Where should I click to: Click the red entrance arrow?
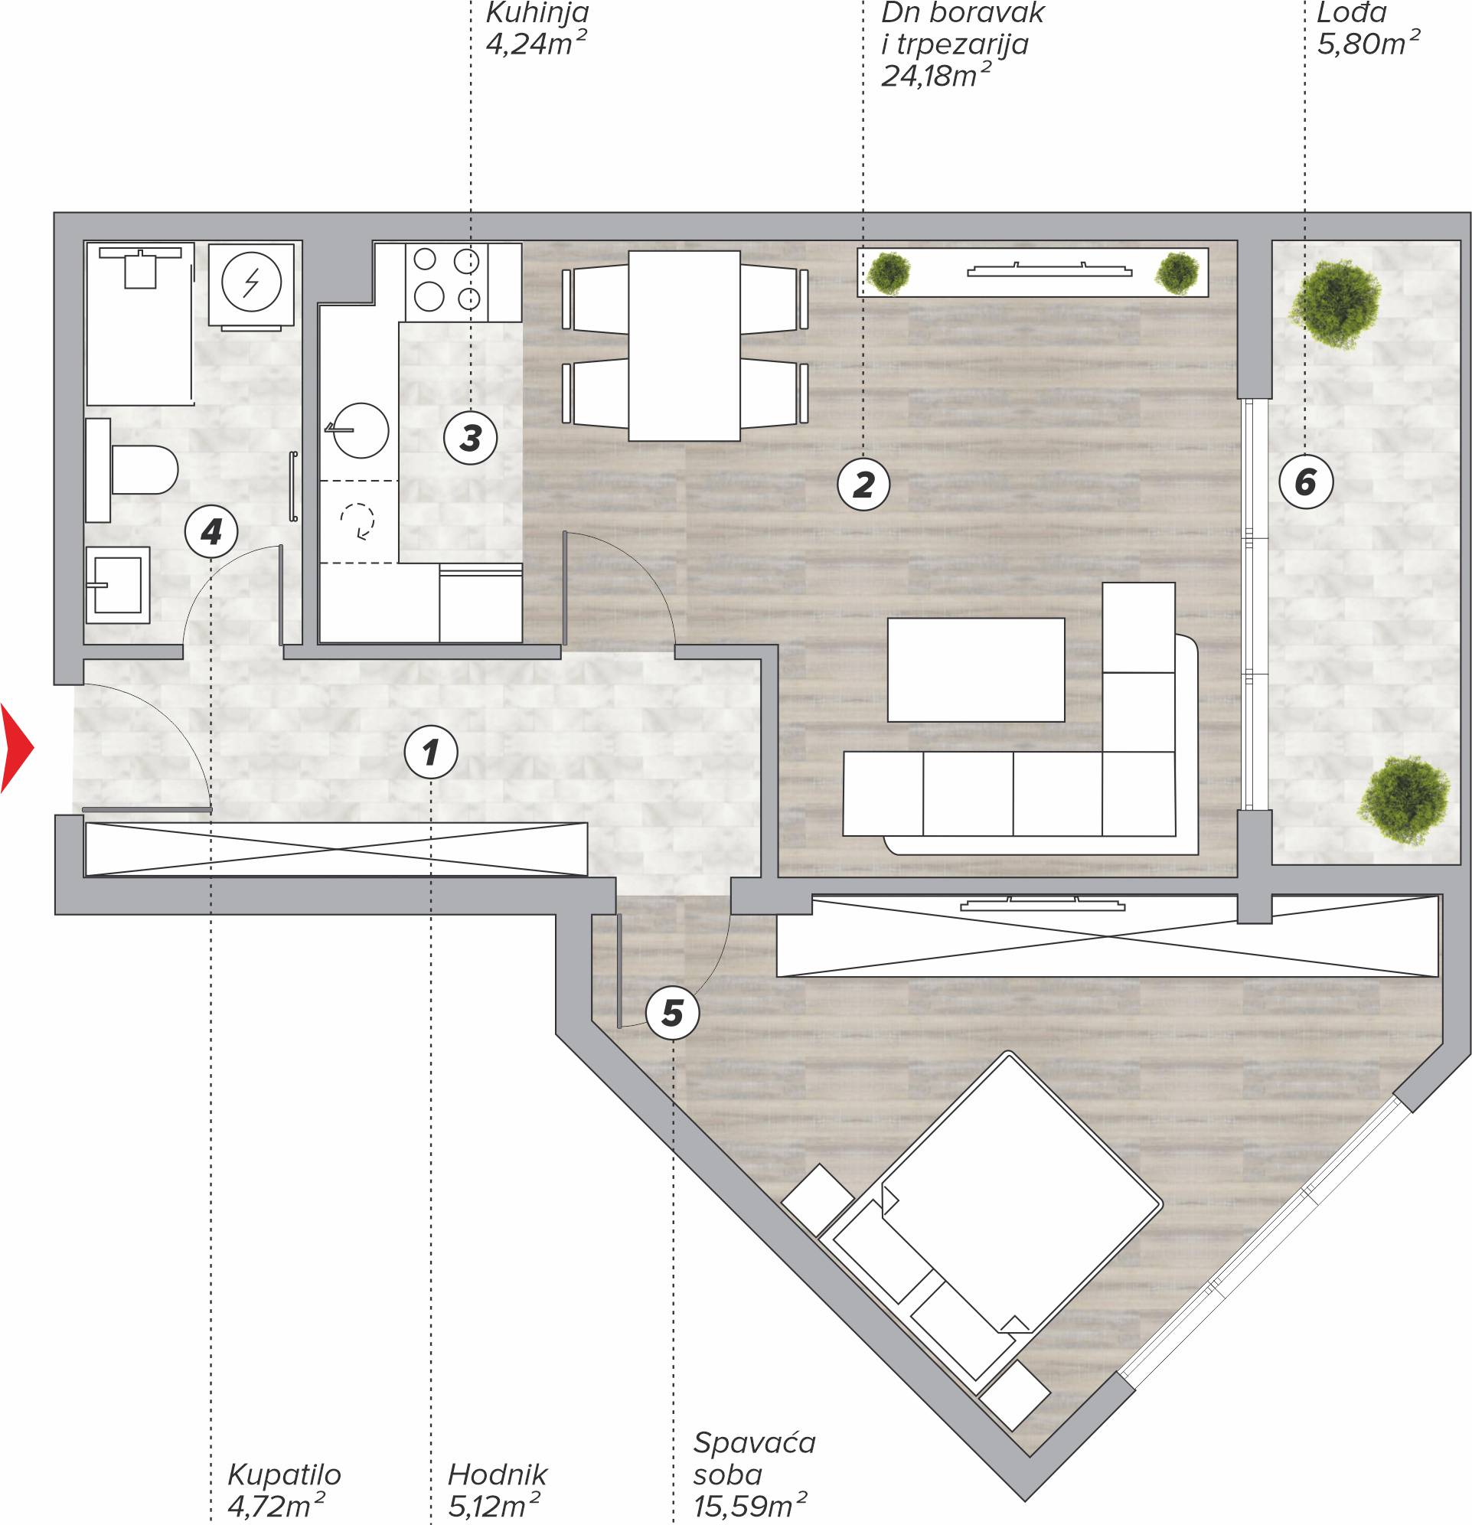tap(15, 748)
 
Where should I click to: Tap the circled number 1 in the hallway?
tap(430, 753)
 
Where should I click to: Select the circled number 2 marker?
tap(863, 485)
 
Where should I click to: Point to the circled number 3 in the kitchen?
tap(470, 438)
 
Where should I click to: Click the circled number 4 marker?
tap(211, 532)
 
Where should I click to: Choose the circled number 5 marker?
tap(672, 1013)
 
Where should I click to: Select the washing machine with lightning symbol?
tap(250, 285)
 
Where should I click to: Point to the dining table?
tap(684, 345)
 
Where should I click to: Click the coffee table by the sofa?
tap(976, 670)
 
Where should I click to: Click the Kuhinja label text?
tap(537, 13)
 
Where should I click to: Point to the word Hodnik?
tap(497, 1474)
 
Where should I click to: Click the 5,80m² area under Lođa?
tap(1368, 43)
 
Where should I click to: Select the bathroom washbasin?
tap(116, 585)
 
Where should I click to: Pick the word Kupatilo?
tap(284, 1474)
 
